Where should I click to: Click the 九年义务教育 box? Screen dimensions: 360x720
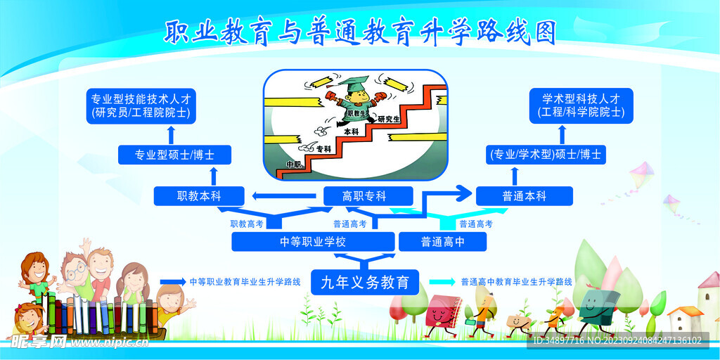tap(365, 283)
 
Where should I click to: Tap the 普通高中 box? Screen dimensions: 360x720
tap(443, 242)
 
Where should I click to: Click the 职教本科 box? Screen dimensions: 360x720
tap(198, 196)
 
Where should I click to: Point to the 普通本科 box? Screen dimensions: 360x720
tap(524, 196)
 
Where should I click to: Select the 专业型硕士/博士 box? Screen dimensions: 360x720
tap(175, 155)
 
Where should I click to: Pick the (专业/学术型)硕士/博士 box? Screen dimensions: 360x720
tap(545, 155)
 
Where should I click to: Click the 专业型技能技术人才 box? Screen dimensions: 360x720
tap(141, 105)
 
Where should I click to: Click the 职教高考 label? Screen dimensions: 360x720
tap(247, 224)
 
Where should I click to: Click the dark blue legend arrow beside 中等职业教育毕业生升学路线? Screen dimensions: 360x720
tap(173, 282)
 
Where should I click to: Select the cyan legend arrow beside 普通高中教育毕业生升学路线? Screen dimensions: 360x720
tap(442, 282)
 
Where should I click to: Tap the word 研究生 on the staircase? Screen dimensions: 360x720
tap(389, 120)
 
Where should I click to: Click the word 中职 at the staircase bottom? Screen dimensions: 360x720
tap(293, 165)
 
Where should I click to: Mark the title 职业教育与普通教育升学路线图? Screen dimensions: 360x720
tap(360, 32)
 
